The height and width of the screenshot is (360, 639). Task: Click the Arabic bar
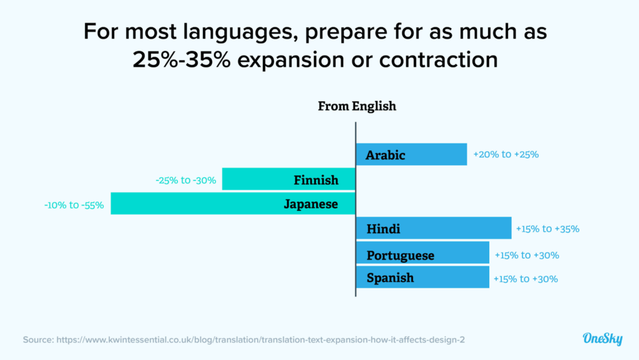tap(411, 155)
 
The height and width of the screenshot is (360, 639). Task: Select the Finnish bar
tap(289, 180)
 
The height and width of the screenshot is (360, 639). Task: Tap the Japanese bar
tap(233, 203)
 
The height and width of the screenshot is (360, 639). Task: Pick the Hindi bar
tap(433, 229)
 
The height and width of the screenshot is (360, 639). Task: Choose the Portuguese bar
tap(422, 255)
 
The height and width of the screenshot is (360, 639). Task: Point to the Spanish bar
tap(422, 277)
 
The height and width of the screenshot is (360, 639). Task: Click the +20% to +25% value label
tap(505, 154)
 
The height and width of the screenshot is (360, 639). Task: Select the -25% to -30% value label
tap(186, 180)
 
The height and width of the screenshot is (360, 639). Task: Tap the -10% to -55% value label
tap(74, 204)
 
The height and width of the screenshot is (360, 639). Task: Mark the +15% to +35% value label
tap(547, 229)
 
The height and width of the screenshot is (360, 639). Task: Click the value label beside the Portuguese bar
tap(527, 255)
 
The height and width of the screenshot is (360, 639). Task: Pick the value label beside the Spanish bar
tap(525, 279)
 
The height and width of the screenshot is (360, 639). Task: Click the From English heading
tap(357, 106)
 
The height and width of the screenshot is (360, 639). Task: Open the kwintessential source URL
tap(260, 340)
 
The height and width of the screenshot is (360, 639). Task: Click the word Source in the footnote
tap(37, 340)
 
